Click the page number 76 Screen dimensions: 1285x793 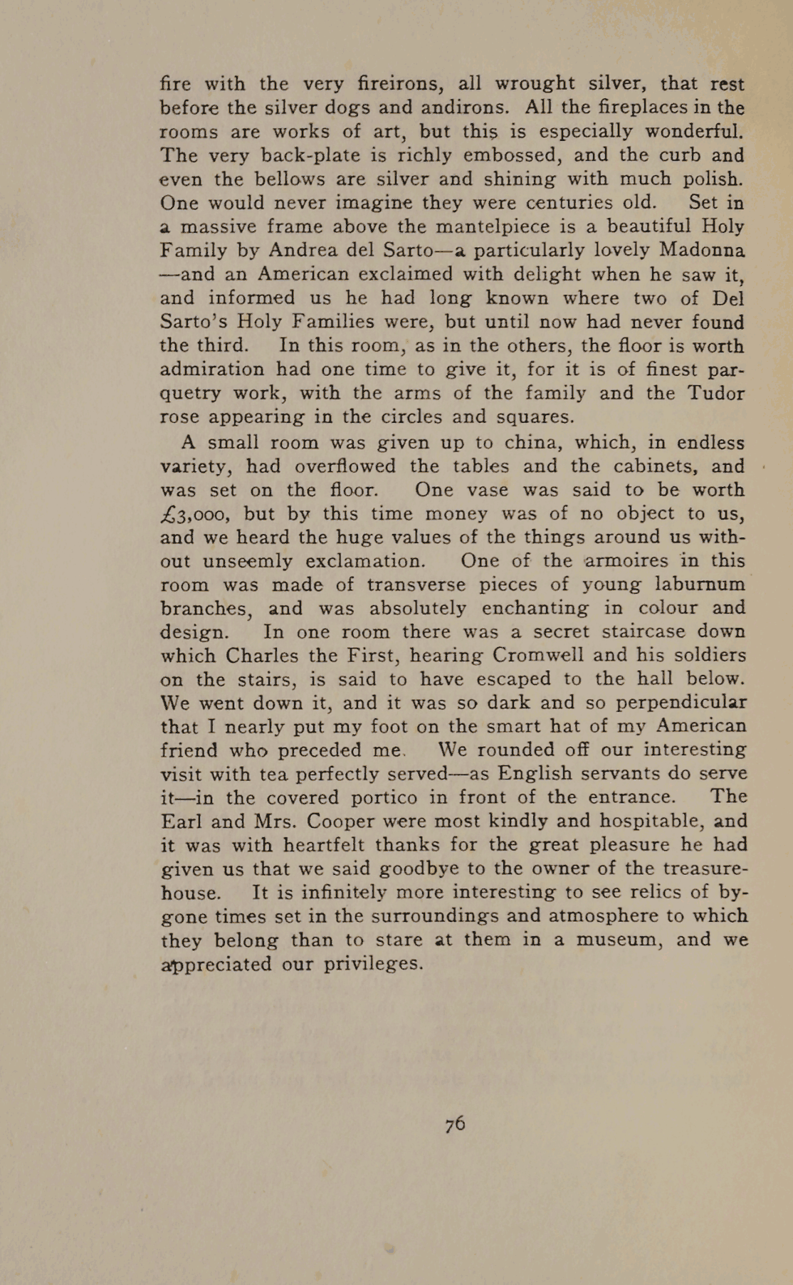456,1123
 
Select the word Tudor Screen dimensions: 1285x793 715,393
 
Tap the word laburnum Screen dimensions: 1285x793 695,584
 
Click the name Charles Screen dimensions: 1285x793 266,655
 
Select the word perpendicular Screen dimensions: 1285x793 681,703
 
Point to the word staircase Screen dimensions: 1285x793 633,631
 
